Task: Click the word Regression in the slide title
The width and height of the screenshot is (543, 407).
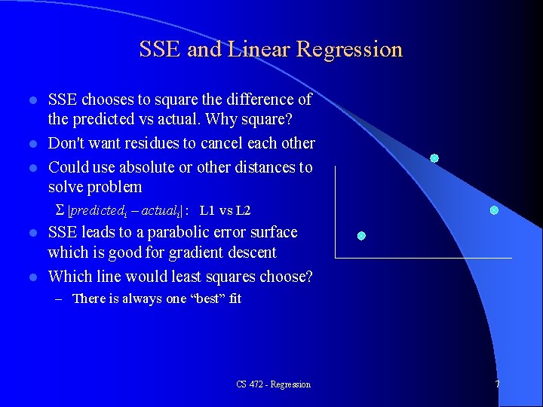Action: pyautogui.click(x=349, y=50)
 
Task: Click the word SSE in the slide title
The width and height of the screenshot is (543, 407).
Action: pyautogui.click(x=160, y=50)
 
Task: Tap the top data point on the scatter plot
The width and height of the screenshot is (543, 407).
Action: pyautogui.click(x=434, y=158)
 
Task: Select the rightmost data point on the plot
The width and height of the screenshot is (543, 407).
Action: pyautogui.click(x=494, y=210)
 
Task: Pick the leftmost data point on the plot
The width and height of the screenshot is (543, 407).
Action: pyautogui.click(x=361, y=236)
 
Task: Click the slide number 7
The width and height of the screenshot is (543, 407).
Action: pyautogui.click(x=497, y=384)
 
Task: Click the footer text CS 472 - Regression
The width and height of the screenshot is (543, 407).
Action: pyautogui.click(x=273, y=384)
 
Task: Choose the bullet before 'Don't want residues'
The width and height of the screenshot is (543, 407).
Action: pyautogui.click(x=31, y=144)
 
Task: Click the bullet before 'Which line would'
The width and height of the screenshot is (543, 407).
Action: pyautogui.click(x=31, y=277)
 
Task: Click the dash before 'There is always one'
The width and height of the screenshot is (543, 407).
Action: pyautogui.click(x=60, y=299)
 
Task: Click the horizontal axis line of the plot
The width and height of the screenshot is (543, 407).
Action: pyautogui.click(x=422, y=259)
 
